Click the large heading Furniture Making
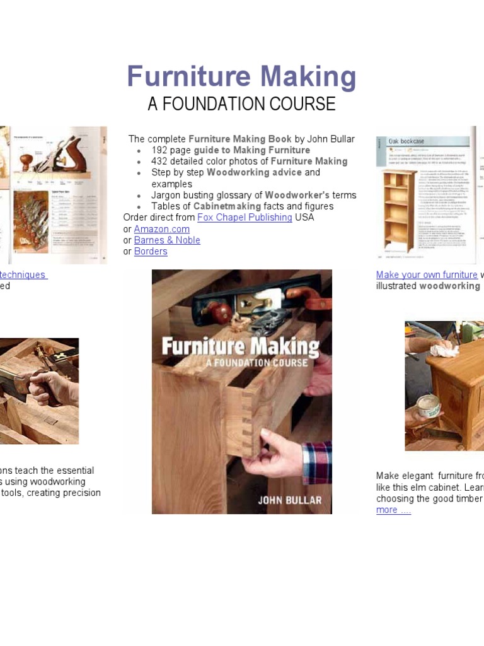[241, 77]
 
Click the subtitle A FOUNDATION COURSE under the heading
[241, 104]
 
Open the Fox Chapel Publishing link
[245, 218]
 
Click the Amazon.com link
[161, 229]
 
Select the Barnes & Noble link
[167, 240]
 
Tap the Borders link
[151, 252]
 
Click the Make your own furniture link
[427, 275]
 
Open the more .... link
[393, 510]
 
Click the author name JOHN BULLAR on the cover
[289, 500]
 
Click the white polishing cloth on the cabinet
[445, 348]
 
